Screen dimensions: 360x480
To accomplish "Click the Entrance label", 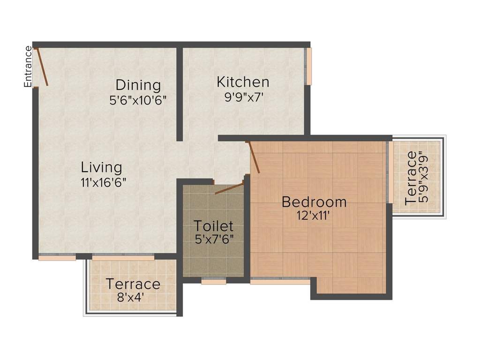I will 28,67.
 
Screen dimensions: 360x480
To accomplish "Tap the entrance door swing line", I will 42,67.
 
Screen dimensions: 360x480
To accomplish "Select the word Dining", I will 138,85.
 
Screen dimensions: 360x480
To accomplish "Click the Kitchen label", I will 243,82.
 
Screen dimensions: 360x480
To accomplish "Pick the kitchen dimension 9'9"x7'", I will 243,97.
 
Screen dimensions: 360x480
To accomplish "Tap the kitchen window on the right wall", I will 308,66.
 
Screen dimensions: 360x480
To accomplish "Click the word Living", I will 101,167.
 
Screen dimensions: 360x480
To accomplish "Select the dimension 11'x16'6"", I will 103,182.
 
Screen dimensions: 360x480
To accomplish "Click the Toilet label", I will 214,225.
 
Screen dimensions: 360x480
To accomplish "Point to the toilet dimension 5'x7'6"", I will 214,239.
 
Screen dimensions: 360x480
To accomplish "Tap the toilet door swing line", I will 229,188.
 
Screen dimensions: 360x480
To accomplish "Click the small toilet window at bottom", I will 214,282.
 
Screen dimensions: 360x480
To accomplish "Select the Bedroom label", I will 314,202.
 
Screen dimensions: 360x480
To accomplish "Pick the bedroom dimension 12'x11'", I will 314,217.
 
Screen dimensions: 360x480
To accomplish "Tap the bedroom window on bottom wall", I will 280,282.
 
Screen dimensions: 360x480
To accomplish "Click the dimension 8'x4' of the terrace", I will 133,297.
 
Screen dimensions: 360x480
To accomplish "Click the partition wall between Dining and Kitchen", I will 180,94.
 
